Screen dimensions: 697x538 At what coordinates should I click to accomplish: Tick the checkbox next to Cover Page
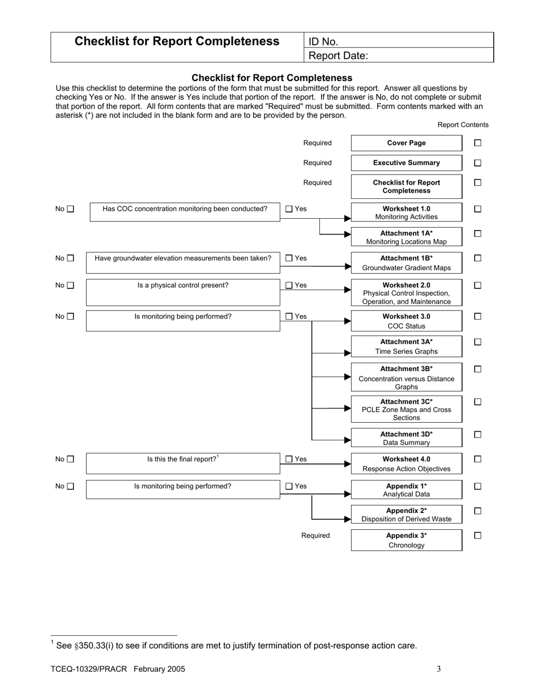(477, 143)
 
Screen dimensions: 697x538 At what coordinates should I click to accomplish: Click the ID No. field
(399, 41)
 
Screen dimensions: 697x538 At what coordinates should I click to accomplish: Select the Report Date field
(399, 56)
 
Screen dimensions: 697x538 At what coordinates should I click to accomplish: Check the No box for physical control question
(71, 286)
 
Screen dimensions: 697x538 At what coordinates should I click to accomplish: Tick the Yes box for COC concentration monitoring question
(289, 209)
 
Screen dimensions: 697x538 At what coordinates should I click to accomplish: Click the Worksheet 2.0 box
(406, 293)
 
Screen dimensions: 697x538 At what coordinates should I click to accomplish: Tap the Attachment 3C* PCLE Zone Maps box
(406, 410)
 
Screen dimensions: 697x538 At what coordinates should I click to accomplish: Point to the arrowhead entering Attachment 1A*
(347, 234)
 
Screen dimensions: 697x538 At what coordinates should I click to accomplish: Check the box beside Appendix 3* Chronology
(477, 535)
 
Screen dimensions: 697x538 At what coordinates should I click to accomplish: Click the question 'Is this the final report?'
(182, 460)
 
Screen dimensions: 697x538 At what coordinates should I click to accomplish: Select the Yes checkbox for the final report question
(289, 460)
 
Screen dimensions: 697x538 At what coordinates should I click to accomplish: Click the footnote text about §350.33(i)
(236, 645)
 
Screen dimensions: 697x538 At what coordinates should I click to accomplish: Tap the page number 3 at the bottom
(438, 669)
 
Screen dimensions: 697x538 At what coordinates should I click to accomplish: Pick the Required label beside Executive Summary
(317, 163)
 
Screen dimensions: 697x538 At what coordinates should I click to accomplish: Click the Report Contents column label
(463, 125)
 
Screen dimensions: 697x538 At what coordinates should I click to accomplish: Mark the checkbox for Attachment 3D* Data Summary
(477, 435)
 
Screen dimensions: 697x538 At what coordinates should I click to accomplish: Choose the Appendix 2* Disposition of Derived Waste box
(406, 515)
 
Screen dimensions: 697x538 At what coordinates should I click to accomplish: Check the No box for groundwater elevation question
(71, 258)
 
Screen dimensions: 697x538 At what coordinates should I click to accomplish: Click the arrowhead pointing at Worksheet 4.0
(347, 464)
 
